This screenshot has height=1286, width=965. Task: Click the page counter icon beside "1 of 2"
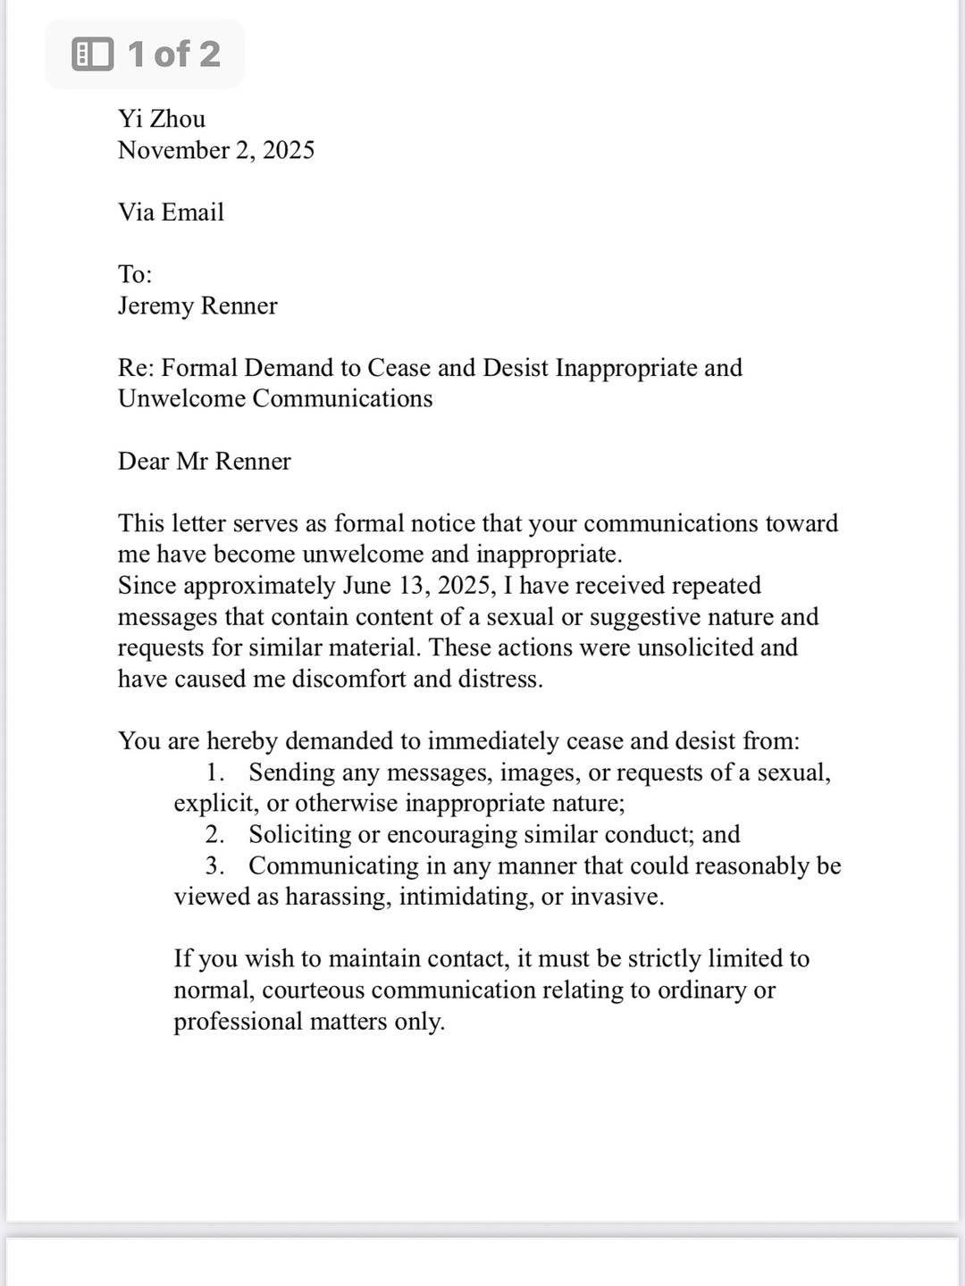(92, 54)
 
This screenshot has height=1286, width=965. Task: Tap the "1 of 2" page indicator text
(173, 54)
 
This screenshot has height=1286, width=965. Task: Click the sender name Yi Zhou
(162, 119)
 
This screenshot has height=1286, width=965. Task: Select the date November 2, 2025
(216, 150)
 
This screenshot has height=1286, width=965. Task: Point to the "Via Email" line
(171, 213)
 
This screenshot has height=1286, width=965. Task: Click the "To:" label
(135, 274)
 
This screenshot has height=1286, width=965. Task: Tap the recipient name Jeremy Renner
(197, 305)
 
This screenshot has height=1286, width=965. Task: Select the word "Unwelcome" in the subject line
(181, 398)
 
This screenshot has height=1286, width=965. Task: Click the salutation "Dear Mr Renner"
(205, 461)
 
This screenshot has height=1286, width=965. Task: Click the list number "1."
(214, 772)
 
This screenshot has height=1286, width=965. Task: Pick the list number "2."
(214, 835)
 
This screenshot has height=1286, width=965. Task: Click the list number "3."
(214, 866)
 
